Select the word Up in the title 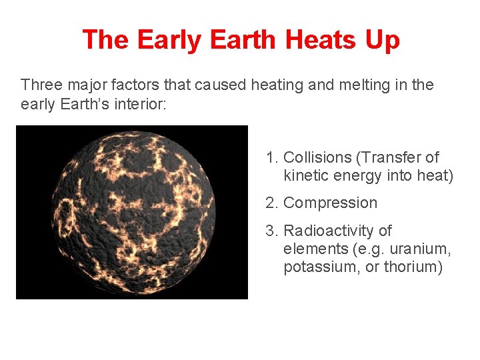pos(381,40)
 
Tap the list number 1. pos(271,157)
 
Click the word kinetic pos(305,176)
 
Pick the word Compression pos(330,203)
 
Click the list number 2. pos(271,203)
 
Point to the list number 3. pos(271,231)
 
